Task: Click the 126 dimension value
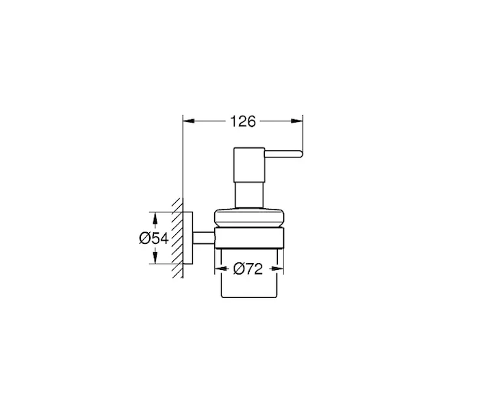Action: (x=242, y=121)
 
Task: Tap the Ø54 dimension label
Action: (x=154, y=238)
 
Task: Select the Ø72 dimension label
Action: (x=248, y=269)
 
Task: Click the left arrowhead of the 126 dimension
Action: (x=189, y=121)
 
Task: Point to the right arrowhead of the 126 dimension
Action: (x=296, y=121)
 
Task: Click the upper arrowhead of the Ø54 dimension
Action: (x=155, y=220)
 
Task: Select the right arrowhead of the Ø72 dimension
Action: (x=277, y=269)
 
